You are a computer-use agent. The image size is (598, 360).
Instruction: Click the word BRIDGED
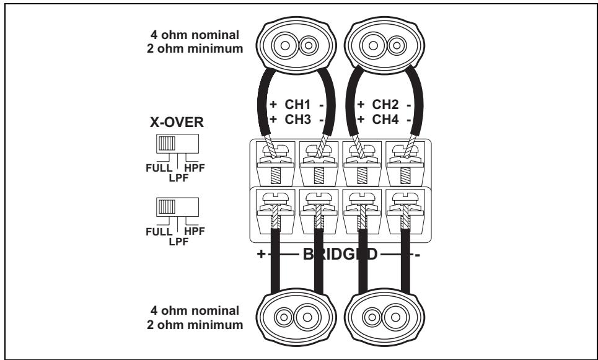[x=340, y=255]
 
